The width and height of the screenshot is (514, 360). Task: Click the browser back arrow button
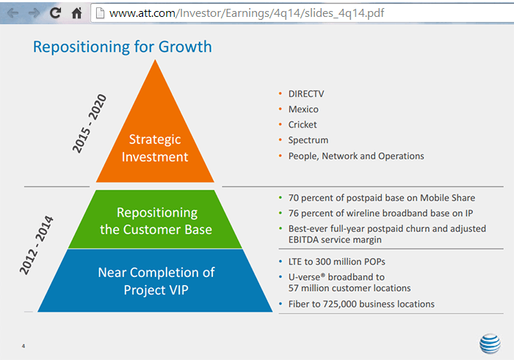(x=12, y=13)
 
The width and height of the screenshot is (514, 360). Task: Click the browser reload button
(x=55, y=13)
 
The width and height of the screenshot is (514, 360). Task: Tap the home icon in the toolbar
(x=76, y=13)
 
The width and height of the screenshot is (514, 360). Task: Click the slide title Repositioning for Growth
(x=122, y=47)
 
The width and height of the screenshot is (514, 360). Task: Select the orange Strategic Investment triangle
(x=155, y=143)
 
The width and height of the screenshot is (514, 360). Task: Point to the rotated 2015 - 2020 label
(x=90, y=123)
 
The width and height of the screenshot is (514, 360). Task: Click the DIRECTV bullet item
(x=306, y=93)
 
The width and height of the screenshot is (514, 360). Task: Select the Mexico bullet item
(x=303, y=109)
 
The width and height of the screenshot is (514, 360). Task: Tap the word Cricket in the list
(x=303, y=125)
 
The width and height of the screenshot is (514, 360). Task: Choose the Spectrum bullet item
(x=308, y=140)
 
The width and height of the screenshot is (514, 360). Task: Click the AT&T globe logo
(x=490, y=342)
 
